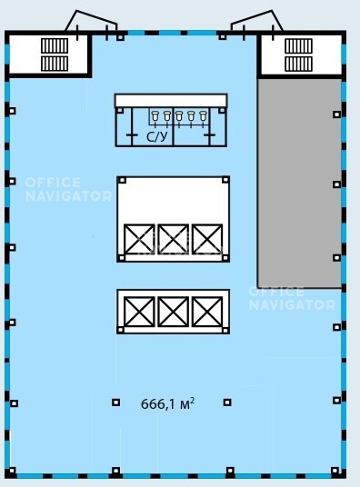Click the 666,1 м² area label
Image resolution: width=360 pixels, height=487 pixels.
pyautogui.click(x=167, y=403)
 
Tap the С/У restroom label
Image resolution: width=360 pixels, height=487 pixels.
pyautogui.click(x=157, y=136)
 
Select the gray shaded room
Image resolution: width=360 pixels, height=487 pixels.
pyautogui.click(x=300, y=183)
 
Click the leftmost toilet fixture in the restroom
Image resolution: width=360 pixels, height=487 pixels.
pyautogui.click(x=155, y=116)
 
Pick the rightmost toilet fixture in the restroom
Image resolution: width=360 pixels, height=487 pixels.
pyautogui.click(x=203, y=116)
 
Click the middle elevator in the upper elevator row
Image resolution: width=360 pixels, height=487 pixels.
pyautogui.click(x=173, y=239)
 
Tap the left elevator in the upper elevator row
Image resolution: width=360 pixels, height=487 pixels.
pyautogui.click(x=139, y=239)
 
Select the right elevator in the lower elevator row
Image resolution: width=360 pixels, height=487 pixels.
pyautogui.click(x=207, y=312)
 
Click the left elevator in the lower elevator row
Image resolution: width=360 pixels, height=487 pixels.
pyautogui.click(x=139, y=312)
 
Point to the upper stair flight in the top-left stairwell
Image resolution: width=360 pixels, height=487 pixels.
pyautogui.click(x=55, y=45)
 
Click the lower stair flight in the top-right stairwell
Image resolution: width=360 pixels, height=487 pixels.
pyautogui.click(x=299, y=64)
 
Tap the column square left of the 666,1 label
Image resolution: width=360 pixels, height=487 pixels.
pyautogui.click(x=116, y=403)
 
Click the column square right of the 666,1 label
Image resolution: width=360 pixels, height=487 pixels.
pyautogui.click(x=227, y=403)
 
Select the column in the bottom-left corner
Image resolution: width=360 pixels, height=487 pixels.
pyautogui.click(x=12, y=472)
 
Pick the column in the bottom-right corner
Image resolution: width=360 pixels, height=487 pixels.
pyautogui.click(x=335, y=471)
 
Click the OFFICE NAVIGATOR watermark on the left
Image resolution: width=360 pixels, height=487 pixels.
pyautogui.click(x=68, y=189)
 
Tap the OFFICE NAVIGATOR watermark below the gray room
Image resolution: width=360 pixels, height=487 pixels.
pyautogui.click(x=292, y=298)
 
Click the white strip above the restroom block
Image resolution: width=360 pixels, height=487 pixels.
pyautogui.click(x=171, y=100)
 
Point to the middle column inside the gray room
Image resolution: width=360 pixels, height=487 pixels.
pyautogui.click(x=336, y=184)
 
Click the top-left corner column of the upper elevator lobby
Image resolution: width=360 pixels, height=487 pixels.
pyautogui.click(x=122, y=180)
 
